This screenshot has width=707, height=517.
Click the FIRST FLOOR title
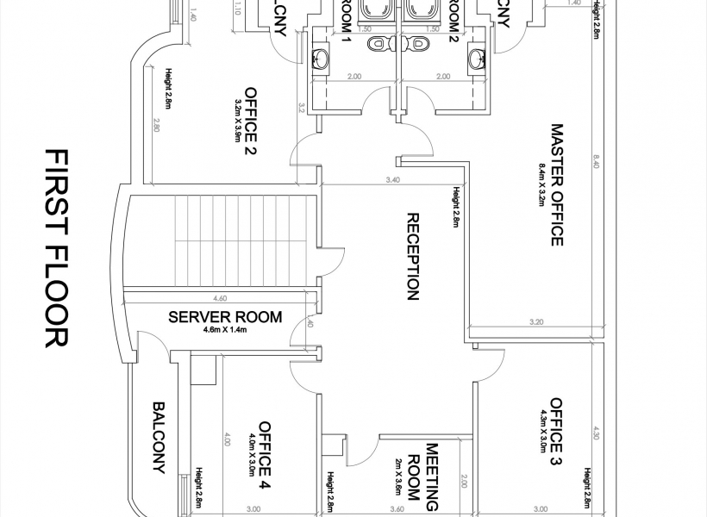[55, 247]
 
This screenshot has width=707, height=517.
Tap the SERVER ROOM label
[224, 317]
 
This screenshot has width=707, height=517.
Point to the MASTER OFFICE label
[556, 184]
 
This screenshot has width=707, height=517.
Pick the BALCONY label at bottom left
[159, 437]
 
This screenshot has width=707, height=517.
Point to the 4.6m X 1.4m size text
[225, 329]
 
